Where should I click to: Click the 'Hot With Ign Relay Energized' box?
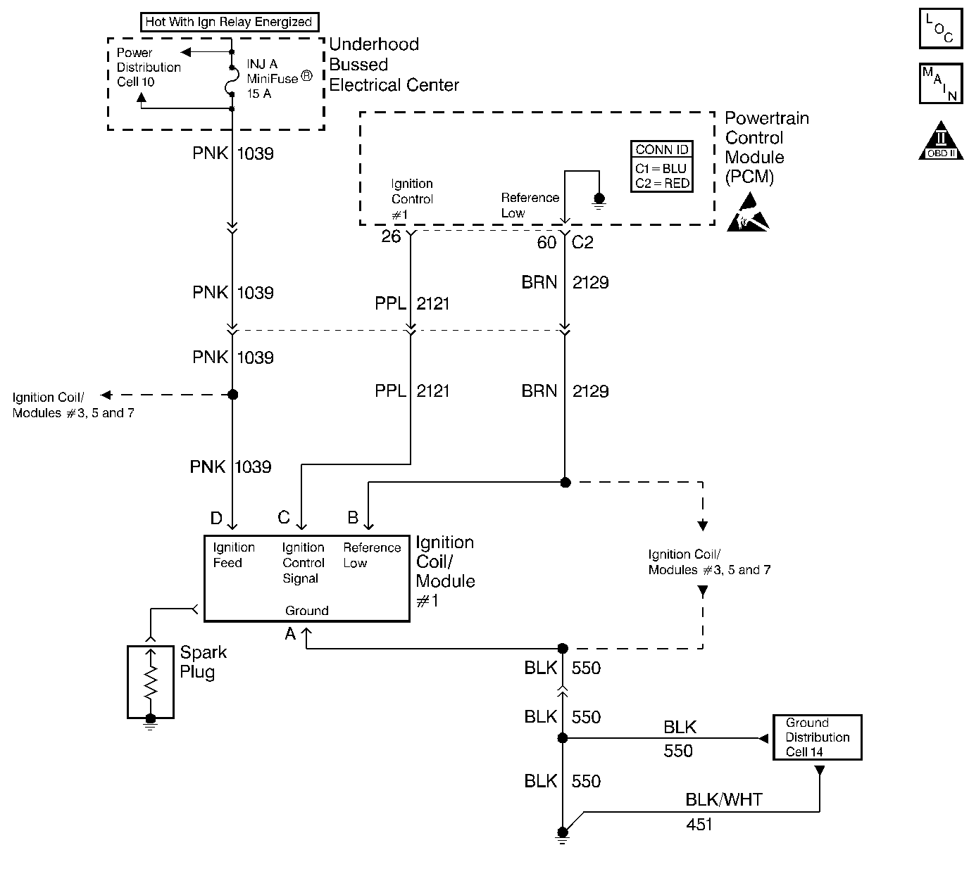tap(230, 22)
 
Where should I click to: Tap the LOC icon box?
tap(941, 28)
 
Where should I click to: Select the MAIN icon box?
tap(941, 83)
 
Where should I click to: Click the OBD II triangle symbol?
tap(941, 141)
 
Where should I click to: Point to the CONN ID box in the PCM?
tap(662, 167)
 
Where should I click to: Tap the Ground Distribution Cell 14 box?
tap(818, 737)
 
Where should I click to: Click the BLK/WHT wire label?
tap(724, 800)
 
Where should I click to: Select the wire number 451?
tap(699, 824)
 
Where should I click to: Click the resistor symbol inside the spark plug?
tap(151, 682)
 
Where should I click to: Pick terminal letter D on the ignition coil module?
tap(216, 518)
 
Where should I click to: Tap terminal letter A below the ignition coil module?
tap(290, 633)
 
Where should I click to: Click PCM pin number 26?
tap(391, 236)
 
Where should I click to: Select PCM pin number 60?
tap(546, 242)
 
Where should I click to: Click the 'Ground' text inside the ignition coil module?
tap(307, 611)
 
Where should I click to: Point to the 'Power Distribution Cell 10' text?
tap(149, 67)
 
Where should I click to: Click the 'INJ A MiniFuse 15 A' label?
tap(280, 79)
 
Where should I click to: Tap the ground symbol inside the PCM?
tap(599, 201)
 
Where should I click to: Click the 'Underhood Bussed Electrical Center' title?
tap(394, 65)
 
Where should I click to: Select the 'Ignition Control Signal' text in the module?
tap(303, 563)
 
